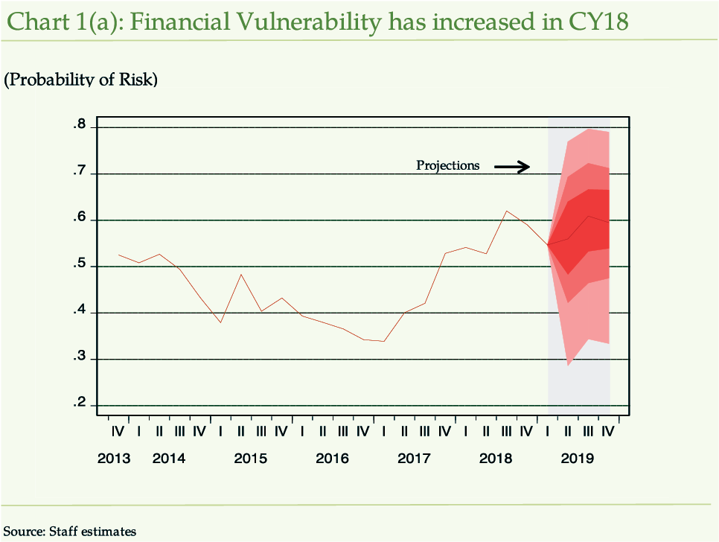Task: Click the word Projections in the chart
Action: [448, 165]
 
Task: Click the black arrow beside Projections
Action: [512, 167]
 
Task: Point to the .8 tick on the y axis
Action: [80, 125]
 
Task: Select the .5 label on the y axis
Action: [80, 266]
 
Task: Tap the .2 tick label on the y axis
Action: [80, 404]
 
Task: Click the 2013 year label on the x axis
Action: [114, 458]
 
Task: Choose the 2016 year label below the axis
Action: [332, 458]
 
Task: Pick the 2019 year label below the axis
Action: [577, 458]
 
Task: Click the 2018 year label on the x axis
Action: [496, 458]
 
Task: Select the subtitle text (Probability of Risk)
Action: [81, 80]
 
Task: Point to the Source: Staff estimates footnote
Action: [71, 531]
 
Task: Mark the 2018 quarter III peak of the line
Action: [506, 211]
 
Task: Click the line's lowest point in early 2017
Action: [383, 341]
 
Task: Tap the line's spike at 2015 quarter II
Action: [240, 274]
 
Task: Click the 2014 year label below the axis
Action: [169, 458]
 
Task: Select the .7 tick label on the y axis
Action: [80, 173]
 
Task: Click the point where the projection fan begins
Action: [548, 243]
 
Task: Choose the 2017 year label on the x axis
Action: [414, 458]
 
